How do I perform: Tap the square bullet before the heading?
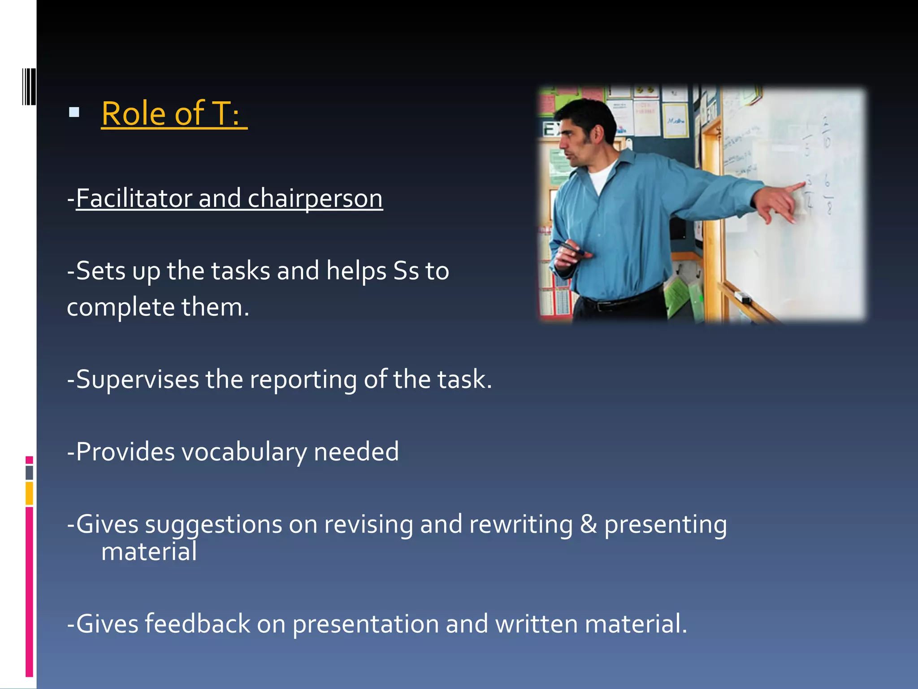pos(74,112)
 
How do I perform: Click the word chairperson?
pos(315,199)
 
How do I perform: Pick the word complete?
pos(121,308)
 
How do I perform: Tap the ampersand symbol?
pos(588,524)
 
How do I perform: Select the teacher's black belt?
pos(619,303)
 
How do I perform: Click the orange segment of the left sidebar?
pos(29,493)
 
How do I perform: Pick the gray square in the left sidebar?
pos(29,472)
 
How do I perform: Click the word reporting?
pos(303,380)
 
